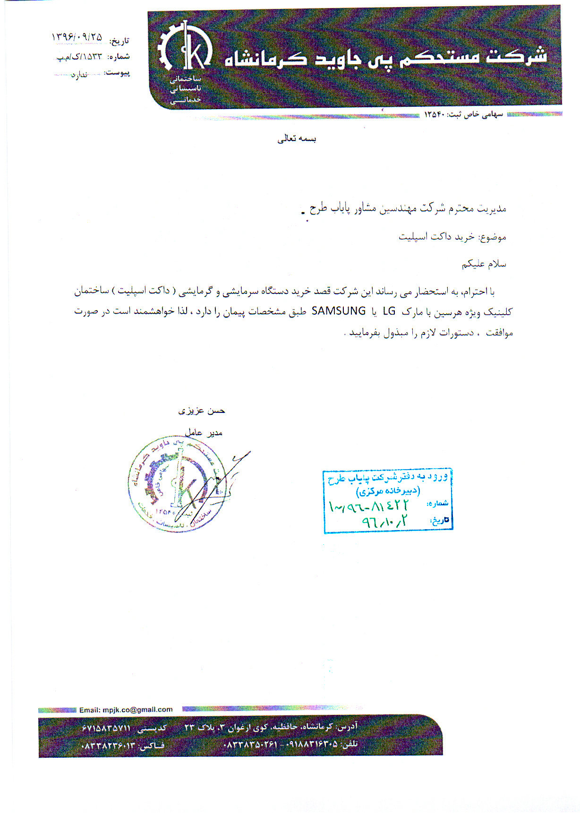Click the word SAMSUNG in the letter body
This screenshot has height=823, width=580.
point(339,311)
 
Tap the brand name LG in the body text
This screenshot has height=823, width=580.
point(389,311)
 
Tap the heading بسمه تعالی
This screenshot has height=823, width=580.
point(297,139)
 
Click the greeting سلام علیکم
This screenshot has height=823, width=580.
point(484,264)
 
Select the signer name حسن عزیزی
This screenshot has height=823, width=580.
point(202,411)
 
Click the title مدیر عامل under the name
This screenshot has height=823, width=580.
point(204,432)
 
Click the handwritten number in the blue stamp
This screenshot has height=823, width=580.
point(368,506)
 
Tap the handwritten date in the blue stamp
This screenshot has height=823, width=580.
point(384,522)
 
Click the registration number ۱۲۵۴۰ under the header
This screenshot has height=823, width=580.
point(435,115)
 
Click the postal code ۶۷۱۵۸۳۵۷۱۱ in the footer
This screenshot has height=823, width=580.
point(105,728)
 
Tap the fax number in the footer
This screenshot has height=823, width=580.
point(109,746)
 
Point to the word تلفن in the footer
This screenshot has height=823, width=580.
point(350,745)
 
